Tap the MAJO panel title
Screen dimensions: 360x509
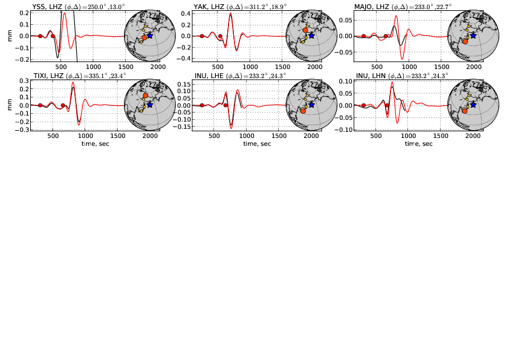[404, 7]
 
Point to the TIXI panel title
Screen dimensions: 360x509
[79, 76]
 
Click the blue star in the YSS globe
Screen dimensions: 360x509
[150, 36]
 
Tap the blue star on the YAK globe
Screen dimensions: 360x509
[311, 36]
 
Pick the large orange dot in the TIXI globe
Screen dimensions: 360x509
[145, 96]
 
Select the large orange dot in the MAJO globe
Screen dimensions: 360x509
[465, 41]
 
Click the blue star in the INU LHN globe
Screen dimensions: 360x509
[473, 105]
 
